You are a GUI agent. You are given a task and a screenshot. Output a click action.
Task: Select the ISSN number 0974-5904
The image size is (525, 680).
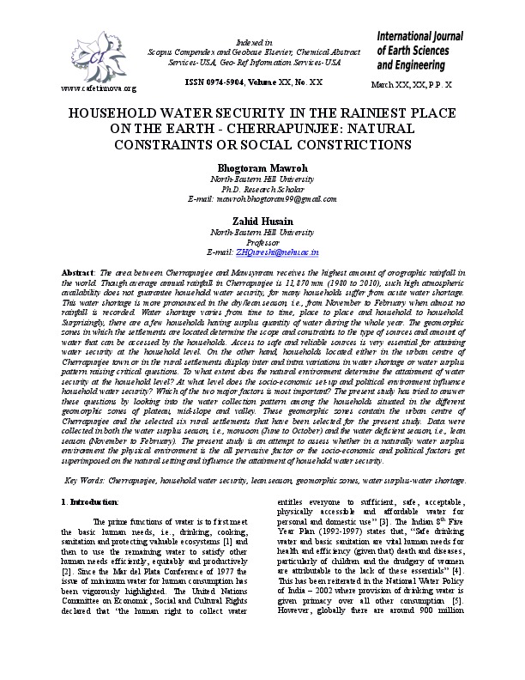(x=231, y=81)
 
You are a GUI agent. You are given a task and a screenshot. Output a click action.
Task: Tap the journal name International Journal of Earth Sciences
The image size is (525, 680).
(x=419, y=49)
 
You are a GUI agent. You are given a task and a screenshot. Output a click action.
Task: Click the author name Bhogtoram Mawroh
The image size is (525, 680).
(x=262, y=167)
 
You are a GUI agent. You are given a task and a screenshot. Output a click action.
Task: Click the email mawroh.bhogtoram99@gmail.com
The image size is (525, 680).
(x=262, y=199)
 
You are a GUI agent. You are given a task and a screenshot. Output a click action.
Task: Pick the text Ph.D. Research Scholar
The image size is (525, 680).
(x=262, y=189)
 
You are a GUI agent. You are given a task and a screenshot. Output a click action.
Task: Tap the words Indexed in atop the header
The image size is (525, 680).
(x=262, y=41)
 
